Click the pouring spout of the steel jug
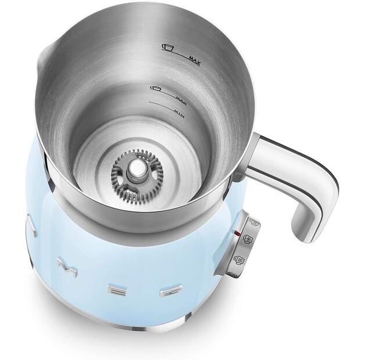click(x=46, y=55)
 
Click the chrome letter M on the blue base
click(x=66, y=266)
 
